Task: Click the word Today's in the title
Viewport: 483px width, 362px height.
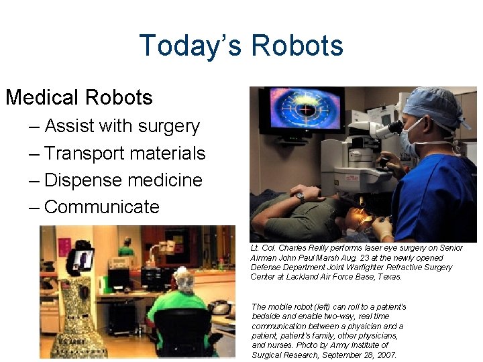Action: pos(191,46)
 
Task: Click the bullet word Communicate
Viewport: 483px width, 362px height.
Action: pos(102,207)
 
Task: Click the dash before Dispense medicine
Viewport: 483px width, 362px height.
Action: pos(35,180)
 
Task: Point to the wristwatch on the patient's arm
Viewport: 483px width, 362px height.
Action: pos(300,197)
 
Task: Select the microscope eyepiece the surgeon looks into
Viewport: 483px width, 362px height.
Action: pos(394,127)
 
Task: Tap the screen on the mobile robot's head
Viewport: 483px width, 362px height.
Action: pos(83,257)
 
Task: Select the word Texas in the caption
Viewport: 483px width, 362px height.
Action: pos(389,276)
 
